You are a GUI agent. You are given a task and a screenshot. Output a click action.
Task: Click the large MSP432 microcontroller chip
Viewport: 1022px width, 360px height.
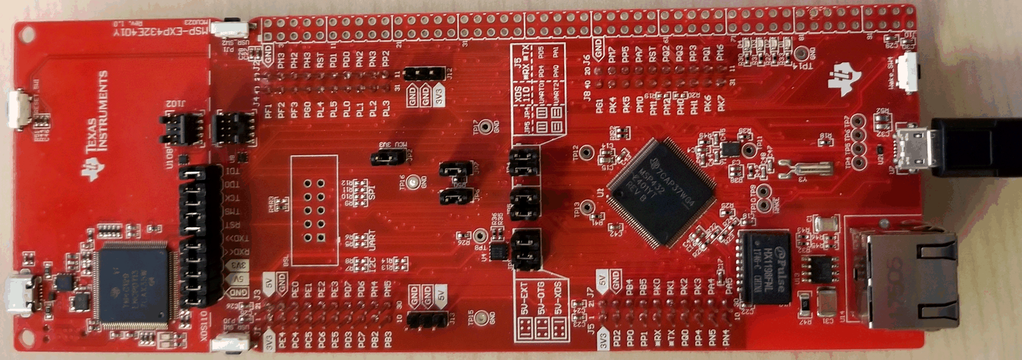[662, 192]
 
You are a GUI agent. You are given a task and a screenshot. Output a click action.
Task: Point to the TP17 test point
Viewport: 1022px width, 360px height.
[486, 127]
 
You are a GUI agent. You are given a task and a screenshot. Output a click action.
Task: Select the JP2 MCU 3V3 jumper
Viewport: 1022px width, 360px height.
[388, 156]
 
